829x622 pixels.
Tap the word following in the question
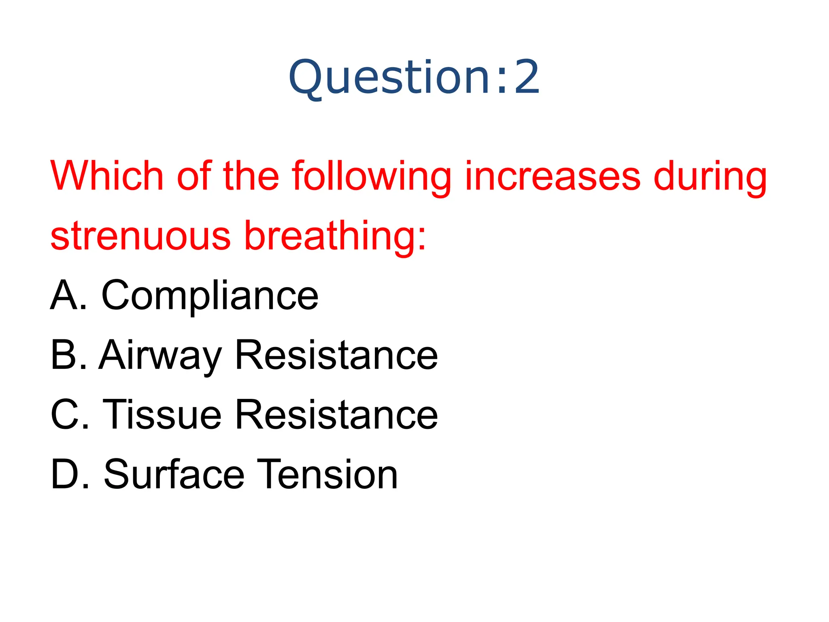click(371, 177)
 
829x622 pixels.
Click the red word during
click(710, 177)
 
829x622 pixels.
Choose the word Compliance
click(210, 296)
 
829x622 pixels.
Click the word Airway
click(160, 356)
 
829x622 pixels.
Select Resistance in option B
click(336, 355)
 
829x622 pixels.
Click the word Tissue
click(162, 414)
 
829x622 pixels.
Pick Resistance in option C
click(336, 414)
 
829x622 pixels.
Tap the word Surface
click(174, 474)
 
